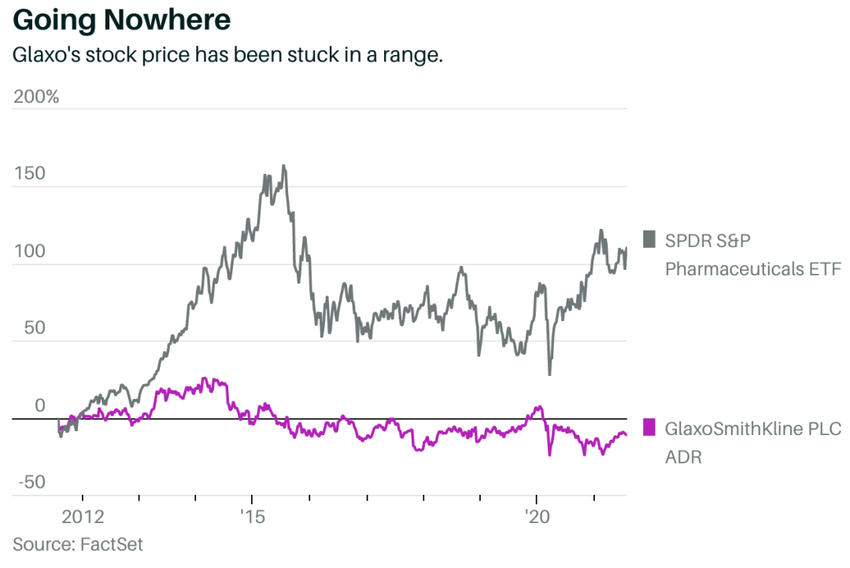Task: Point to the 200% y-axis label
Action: (x=36, y=98)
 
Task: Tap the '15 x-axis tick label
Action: (x=252, y=517)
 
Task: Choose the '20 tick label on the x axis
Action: (x=537, y=517)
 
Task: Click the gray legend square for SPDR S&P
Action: (x=649, y=239)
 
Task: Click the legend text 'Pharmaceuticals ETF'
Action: (x=753, y=269)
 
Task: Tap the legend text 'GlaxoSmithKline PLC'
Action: (x=753, y=429)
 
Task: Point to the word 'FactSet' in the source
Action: (x=112, y=544)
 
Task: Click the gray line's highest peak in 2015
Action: (x=283, y=166)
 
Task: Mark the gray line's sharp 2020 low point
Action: (x=549, y=374)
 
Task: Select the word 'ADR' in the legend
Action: (x=683, y=457)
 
